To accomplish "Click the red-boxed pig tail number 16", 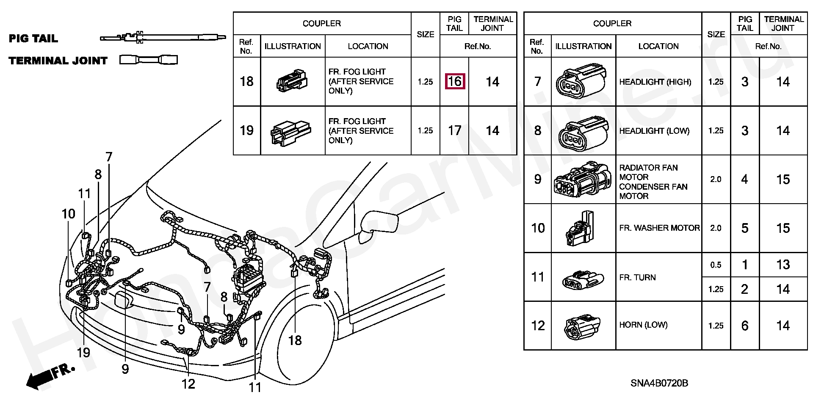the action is coord(455,81).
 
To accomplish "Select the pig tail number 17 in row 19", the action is coord(455,130).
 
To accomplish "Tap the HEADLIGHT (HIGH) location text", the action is coord(655,82).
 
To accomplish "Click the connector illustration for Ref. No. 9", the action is coord(583,179).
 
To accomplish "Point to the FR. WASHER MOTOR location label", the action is coord(659,228).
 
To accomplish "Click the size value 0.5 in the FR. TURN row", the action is coord(716,265).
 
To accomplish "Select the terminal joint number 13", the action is coord(783,265).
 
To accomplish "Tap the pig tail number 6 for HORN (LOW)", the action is coord(745,326).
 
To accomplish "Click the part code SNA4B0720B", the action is coord(659,383).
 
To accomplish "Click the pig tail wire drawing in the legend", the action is coord(163,37).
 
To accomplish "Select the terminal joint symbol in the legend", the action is coord(149,60).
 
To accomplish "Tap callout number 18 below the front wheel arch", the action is coord(295,340).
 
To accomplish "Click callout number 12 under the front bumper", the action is coord(188,384).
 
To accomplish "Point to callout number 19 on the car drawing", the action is coord(83,352).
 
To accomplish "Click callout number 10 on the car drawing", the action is coord(68,214).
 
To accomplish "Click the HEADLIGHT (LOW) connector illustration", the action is coord(583,133).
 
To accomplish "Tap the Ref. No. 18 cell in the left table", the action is coord(246,81).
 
